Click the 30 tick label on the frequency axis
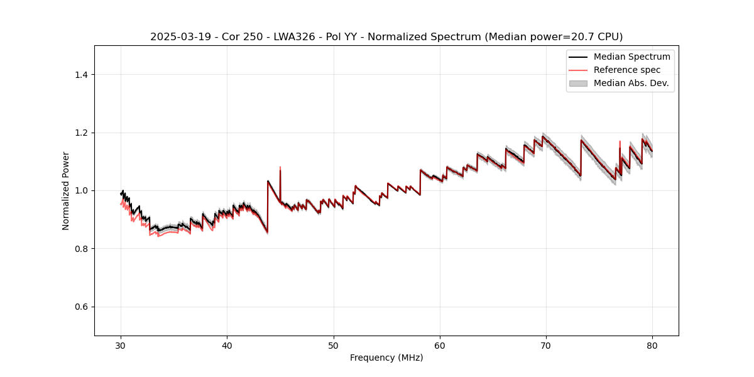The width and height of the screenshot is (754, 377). coord(121,346)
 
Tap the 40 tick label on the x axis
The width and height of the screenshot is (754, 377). coord(227,346)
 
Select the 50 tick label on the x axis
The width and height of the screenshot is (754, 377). coord(334,346)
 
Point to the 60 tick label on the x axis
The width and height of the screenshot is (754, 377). coord(440,346)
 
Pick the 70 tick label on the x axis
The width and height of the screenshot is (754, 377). coord(546,346)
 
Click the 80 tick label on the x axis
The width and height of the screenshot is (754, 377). coord(652,346)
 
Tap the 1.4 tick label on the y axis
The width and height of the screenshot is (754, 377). coord(81,75)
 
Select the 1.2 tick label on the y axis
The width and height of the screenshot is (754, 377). coord(81,133)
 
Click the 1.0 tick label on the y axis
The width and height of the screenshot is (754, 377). coord(81,190)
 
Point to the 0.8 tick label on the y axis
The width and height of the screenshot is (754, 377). coord(81,249)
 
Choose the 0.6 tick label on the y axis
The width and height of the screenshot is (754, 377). coord(81,307)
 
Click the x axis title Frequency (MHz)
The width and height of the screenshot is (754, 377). coord(386,358)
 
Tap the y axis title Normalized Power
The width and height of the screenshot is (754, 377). coord(66,190)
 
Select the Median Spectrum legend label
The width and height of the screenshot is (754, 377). coord(631,57)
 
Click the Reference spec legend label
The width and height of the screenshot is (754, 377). coord(627,70)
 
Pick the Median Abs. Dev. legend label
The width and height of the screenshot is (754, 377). coord(631,83)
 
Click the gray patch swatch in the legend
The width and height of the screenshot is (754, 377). coord(578,83)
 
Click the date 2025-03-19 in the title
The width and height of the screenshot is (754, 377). coord(177,37)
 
